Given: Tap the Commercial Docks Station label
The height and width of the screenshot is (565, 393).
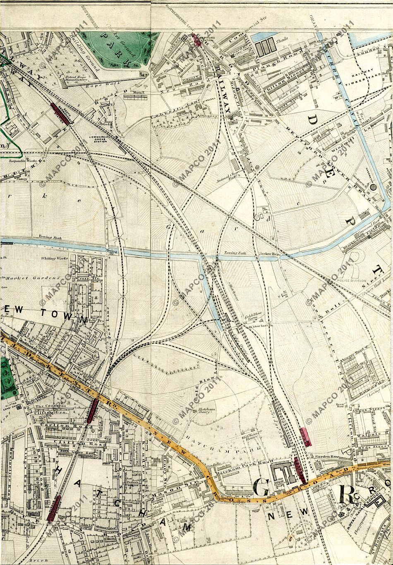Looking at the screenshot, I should tap(101, 138).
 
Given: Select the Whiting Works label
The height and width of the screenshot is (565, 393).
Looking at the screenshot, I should tap(54, 258).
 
